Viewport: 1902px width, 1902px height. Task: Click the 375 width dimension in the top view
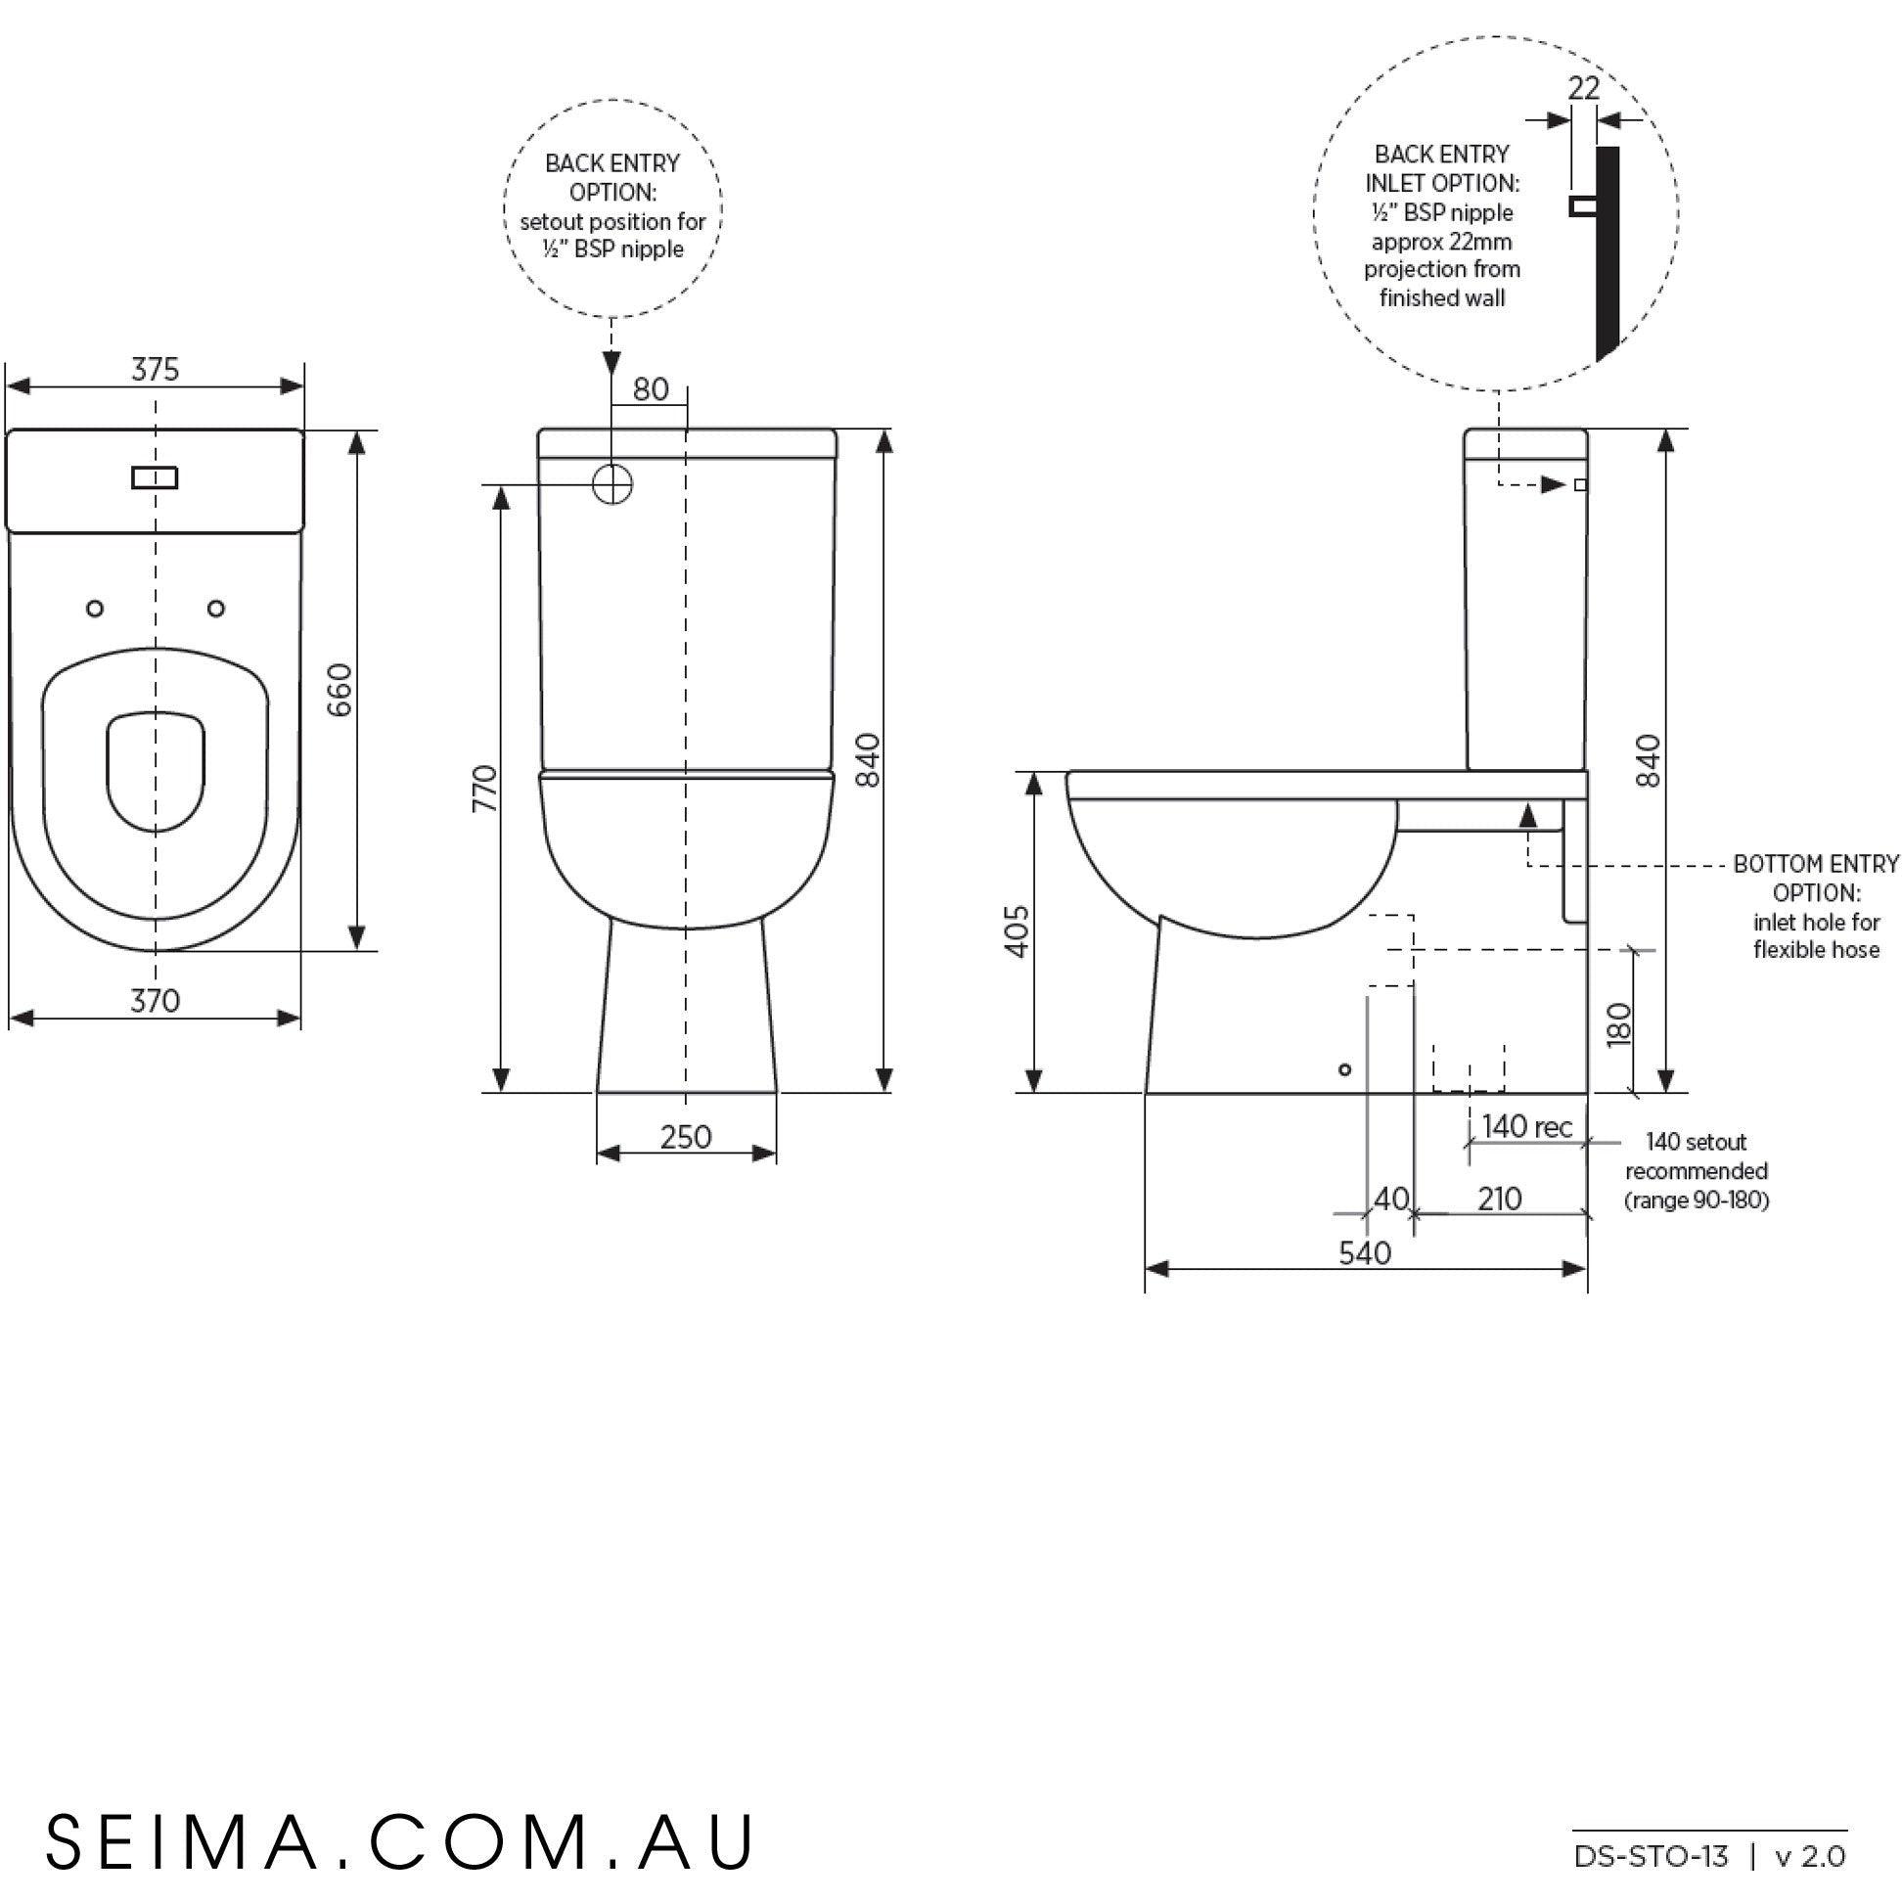(156, 369)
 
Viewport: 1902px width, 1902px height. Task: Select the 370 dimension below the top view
(156, 1000)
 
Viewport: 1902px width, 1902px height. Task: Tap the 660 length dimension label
(339, 689)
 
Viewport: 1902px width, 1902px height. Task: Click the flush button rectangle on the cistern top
(155, 477)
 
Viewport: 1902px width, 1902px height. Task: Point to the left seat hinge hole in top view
(96, 609)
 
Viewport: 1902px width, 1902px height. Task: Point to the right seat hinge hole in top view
(216, 609)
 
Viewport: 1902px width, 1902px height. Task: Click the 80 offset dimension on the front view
(651, 389)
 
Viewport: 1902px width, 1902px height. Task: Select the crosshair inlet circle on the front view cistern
(612, 484)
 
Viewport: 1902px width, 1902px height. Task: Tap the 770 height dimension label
(486, 788)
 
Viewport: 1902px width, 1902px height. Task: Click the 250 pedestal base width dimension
(686, 1137)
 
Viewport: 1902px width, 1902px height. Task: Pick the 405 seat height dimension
(1018, 930)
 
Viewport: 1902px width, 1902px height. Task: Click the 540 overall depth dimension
(1366, 1253)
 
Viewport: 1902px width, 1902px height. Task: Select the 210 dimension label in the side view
(1499, 1200)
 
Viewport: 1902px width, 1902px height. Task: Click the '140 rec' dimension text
(1527, 1126)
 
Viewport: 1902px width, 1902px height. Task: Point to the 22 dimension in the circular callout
(1583, 89)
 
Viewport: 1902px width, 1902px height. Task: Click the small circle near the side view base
(1344, 1069)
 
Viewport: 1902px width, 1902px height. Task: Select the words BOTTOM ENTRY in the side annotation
(1815, 864)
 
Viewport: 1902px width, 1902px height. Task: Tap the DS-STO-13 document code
(1651, 1857)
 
